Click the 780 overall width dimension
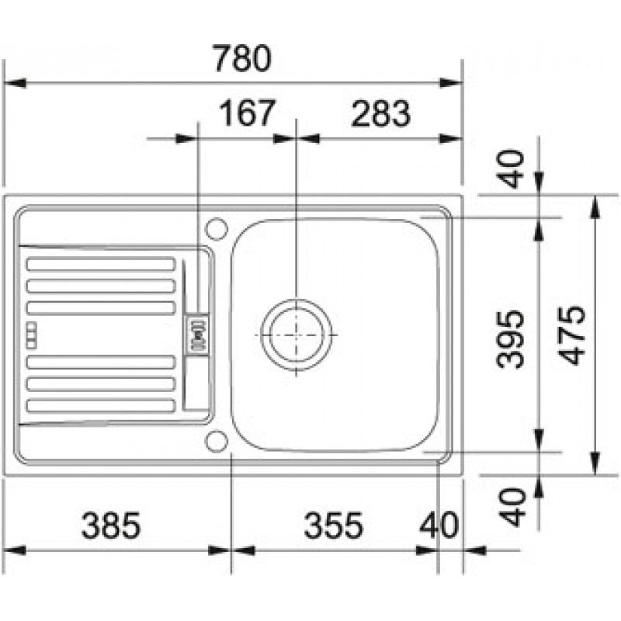(x=242, y=58)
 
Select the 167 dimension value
(x=247, y=113)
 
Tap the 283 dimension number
(x=380, y=113)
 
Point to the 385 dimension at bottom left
(x=110, y=526)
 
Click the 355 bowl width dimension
(x=333, y=526)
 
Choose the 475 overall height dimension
(x=573, y=335)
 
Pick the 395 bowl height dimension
(x=511, y=339)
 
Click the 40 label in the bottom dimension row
(x=439, y=526)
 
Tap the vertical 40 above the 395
(x=511, y=168)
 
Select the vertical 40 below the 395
(x=512, y=507)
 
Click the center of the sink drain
(x=297, y=335)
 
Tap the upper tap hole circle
(x=217, y=229)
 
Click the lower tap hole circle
(x=217, y=440)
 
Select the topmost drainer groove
(x=101, y=264)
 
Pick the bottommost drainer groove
(x=101, y=405)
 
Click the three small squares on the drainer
(x=32, y=335)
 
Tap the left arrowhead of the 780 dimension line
(x=14, y=83)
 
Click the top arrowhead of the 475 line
(x=594, y=206)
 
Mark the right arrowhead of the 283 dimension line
(x=451, y=139)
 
